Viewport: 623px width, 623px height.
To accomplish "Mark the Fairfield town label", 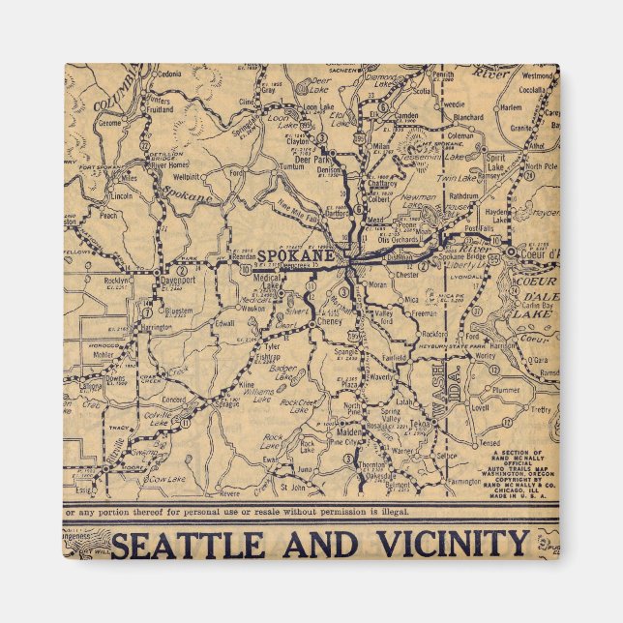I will click(x=395, y=357).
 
